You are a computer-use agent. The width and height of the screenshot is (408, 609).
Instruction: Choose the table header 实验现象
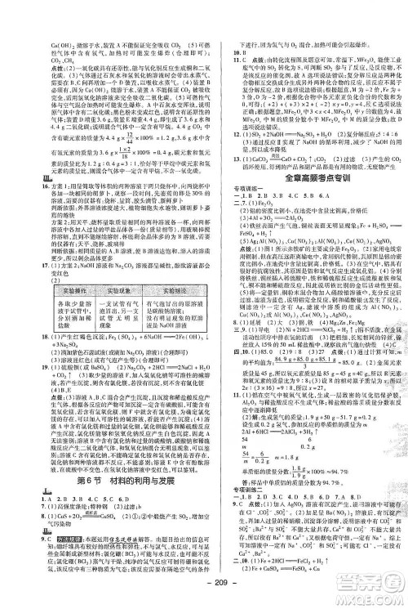[x=101, y=268]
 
